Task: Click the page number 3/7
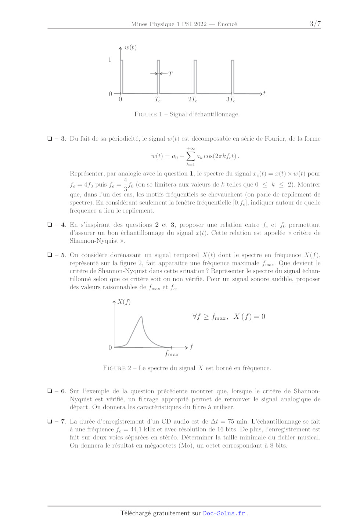[x=315, y=24]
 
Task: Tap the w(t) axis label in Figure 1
[x=130, y=47]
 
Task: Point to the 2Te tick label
[x=192, y=99]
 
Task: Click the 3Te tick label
[x=231, y=99]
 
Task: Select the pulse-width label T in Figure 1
[x=170, y=74]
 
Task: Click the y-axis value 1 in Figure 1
[x=109, y=59]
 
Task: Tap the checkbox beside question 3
[x=50, y=138]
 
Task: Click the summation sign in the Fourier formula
[x=190, y=156]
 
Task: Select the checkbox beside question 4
[x=50, y=225]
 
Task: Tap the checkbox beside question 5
[x=50, y=255]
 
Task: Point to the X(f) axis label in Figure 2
[x=124, y=302]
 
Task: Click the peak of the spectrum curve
[x=141, y=317]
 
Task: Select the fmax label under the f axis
[x=172, y=354]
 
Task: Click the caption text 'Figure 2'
[x=117, y=368]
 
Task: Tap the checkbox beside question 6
[x=50, y=391]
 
